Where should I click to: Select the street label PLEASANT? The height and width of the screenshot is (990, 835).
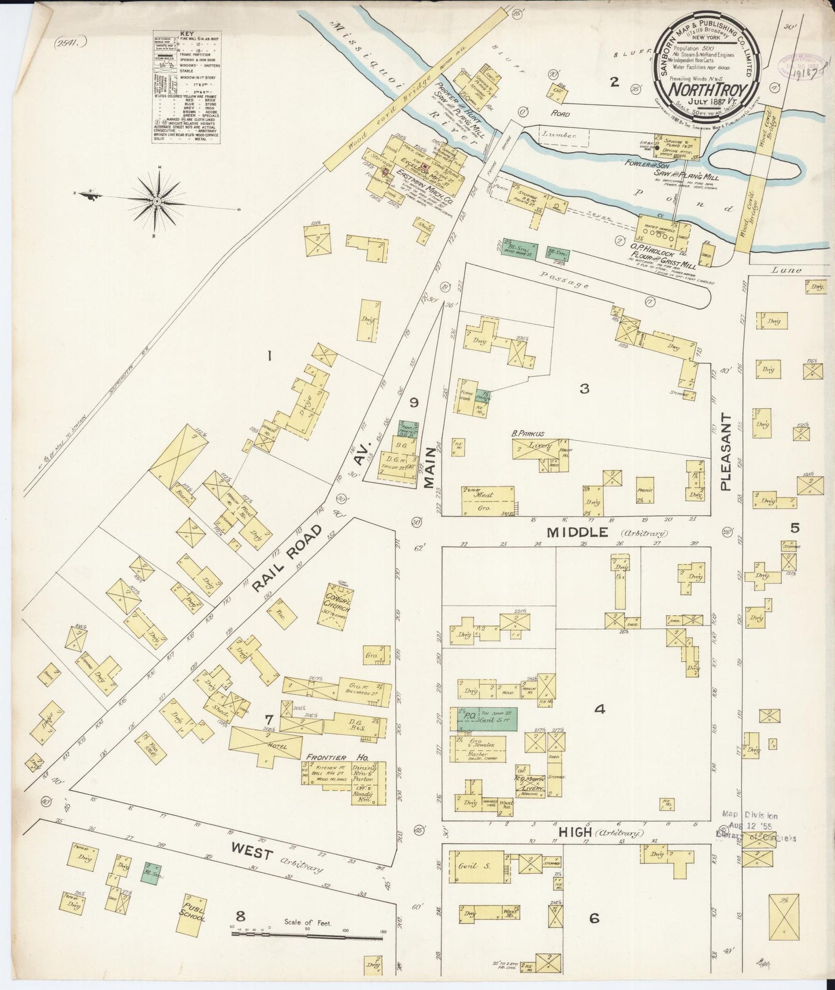tap(726, 452)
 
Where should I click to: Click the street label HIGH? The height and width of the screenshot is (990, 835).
tap(575, 832)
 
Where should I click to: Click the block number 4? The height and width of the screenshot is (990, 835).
tap(599, 709)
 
